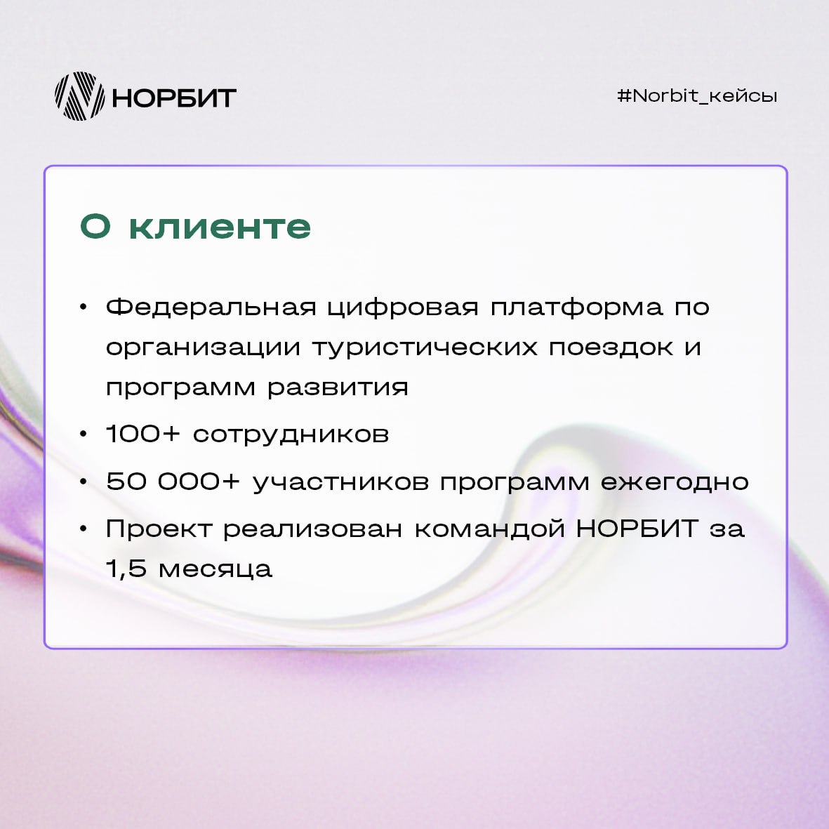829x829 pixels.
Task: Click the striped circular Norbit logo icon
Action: pos(80,96)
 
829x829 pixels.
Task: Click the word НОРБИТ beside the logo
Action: pos(174,98)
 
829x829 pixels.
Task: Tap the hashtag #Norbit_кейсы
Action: pos(697,96)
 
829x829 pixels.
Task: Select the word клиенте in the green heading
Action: pos(220,227)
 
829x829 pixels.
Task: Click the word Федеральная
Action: pos(211,307)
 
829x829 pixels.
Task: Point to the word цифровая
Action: pos(403,308)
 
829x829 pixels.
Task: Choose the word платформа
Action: pos(577,308)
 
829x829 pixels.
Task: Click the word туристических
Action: pos(425,348)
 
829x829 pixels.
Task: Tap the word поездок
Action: pos(611,348)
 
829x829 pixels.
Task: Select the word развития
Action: pos(338,387)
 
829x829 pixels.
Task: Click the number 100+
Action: pos(142,434)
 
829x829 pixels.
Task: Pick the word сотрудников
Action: pos(291,435)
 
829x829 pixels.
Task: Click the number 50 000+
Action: pos(173,481)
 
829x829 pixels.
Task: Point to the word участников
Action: pos(340,483)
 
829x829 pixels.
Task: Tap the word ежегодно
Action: pos(675,483)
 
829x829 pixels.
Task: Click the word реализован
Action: pos(313,529)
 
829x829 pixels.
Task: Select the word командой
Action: pos(489,529)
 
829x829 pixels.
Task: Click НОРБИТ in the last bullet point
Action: pos(637,528)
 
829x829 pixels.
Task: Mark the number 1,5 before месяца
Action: pos(126,569)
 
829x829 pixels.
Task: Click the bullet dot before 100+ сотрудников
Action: pos(83,435)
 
